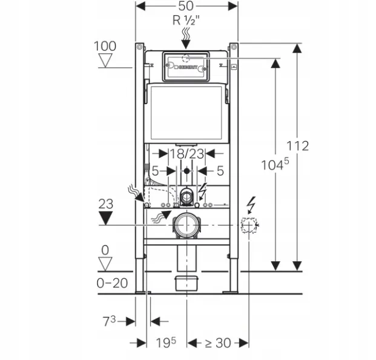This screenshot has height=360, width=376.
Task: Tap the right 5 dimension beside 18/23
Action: click(220, 170)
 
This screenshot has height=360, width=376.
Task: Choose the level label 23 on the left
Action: click(106, 205)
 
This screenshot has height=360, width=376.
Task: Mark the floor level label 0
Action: click(106, 250)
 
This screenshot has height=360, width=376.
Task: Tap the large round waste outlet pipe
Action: click(186, 225)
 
